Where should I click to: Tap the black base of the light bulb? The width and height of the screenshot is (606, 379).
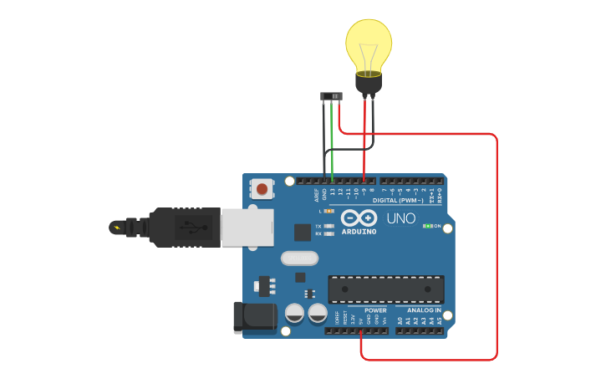[369, 83]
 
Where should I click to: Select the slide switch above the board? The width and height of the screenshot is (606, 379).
[332, 96]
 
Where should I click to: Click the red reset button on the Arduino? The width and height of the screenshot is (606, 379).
[262, 188]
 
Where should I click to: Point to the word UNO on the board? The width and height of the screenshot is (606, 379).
[400, 218]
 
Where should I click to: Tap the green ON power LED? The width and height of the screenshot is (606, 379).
[427, 226]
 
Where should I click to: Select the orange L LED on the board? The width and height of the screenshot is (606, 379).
[328, 211]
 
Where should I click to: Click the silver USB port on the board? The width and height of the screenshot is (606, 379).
[247, 227]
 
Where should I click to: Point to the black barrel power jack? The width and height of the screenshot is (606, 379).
[255, 318]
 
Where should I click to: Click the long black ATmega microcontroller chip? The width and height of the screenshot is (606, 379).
[385, 289]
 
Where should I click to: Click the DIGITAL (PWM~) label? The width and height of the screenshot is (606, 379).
[397, 201]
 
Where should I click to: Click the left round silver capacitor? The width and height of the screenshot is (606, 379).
[294, 314]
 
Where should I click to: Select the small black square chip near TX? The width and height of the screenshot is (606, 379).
[302, 233]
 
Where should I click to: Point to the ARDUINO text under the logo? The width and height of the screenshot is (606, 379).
[358, 231]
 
